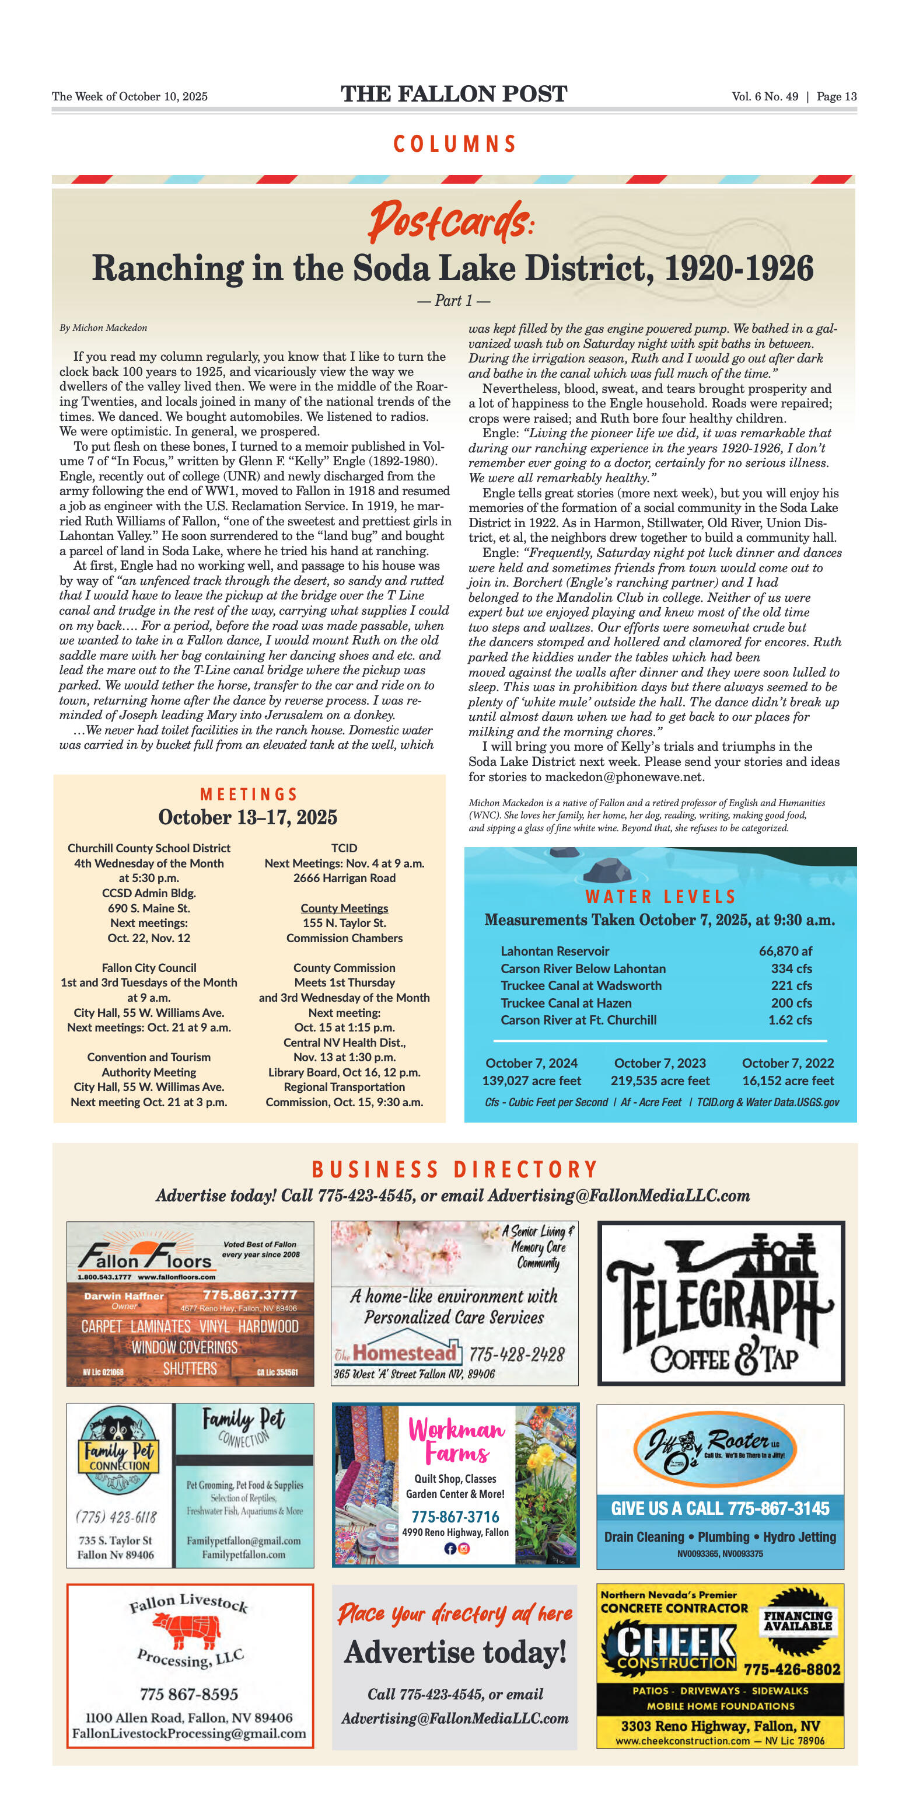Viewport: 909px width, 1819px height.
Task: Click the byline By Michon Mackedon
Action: click(x=103, y=327)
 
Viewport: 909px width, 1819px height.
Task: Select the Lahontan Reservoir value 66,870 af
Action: click(x=785, y=951)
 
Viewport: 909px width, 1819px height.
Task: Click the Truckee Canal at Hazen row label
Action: click(x=566, y=1003)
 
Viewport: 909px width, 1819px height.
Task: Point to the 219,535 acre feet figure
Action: click(x=660, y=1081)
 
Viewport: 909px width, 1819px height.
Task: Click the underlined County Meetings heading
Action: click(x=344, y=908)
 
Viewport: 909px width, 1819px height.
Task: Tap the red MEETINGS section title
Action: click(x=249, y=794)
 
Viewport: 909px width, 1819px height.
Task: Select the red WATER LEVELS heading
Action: click(x=660, y=897)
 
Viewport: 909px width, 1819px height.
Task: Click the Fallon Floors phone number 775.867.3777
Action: click(x=250, y=1294)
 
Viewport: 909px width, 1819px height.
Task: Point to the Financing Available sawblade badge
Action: click(x=798, y=1621)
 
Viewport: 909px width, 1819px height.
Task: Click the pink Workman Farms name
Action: click(x=457, y=1441)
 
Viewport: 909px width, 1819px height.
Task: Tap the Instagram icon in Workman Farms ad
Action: click(x=464, y=1549)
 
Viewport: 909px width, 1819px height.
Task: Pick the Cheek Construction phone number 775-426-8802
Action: click(x=792, y=1670)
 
